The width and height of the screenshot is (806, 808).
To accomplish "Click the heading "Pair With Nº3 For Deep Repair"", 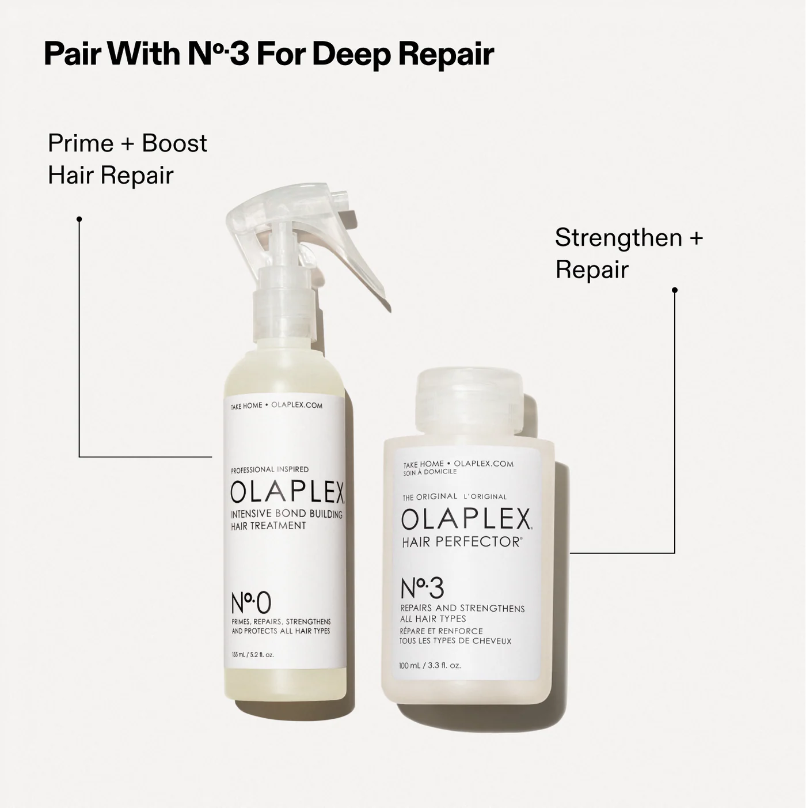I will coord(268,54).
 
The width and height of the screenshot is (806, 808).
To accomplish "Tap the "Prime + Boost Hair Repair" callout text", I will coord(127,159).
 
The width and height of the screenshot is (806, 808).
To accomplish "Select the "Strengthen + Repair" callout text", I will coord(629,253).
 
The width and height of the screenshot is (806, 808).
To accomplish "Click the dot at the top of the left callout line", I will coord(79,219).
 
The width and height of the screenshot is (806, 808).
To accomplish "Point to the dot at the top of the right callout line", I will coord(675,290).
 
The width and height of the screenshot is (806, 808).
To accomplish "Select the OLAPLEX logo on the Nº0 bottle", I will coord(287,492).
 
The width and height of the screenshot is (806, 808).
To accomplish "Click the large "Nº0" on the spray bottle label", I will coord(250,603).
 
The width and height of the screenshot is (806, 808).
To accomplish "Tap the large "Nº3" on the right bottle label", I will coord(422,588).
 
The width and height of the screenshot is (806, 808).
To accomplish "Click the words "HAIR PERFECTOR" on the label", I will coord(461,542).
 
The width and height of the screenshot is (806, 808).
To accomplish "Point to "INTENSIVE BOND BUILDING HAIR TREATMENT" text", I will coord(286,519).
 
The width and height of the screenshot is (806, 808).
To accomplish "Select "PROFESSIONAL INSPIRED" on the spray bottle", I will coord(269,469).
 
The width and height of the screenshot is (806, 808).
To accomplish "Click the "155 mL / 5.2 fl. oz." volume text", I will coord(253,655).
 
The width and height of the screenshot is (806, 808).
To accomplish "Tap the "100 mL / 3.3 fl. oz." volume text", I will coord(429,665).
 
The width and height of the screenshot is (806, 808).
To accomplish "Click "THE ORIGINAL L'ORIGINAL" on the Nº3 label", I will coord(454,496).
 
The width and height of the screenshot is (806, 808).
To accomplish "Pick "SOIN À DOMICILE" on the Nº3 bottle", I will coord(429,472).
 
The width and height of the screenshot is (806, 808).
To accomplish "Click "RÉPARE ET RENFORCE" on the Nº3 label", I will coord(441,631).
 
